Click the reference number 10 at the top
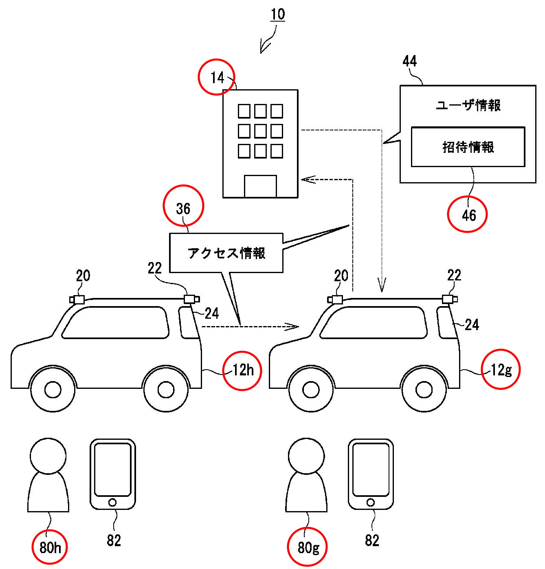278,14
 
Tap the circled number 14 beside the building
217,77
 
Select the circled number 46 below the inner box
467,214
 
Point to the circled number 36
183,205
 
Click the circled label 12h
242,371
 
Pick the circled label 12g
501,369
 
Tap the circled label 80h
50,547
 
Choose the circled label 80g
307,547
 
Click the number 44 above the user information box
409,61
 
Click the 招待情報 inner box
468,147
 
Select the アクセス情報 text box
226,253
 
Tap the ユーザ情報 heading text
468,105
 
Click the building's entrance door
260,186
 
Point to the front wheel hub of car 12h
53,390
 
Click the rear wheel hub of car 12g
424,390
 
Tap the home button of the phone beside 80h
112,502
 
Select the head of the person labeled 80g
306,456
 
